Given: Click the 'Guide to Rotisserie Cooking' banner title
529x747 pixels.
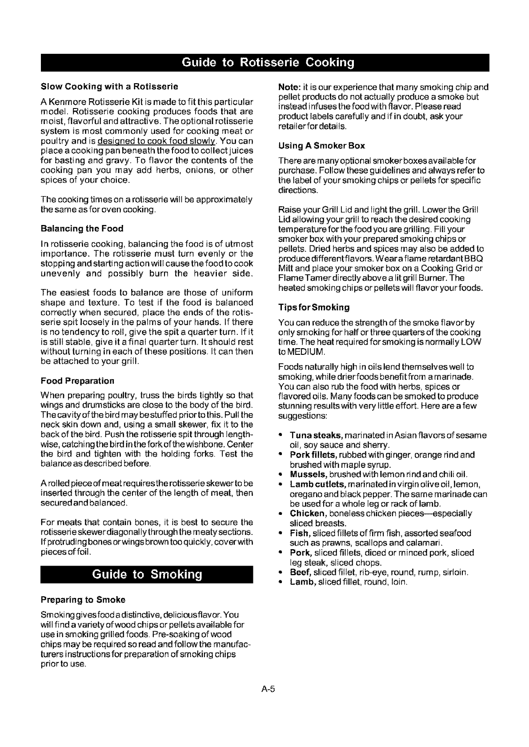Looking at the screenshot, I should (x=264, y=63).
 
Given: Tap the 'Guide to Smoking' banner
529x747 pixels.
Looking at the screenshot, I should (x=147, y=574).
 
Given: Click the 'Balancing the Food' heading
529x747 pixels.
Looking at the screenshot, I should (x=82, y=229).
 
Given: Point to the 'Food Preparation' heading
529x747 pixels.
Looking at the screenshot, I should (x=77, y=381).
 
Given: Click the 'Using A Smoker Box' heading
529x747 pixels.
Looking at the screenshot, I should (x=321, y=145).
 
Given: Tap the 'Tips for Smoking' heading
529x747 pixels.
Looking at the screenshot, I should (x=314, y=307).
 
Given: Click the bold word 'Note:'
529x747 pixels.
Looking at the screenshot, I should (x=288, y=87).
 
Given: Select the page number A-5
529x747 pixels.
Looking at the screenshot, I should (x=269, y=690).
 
